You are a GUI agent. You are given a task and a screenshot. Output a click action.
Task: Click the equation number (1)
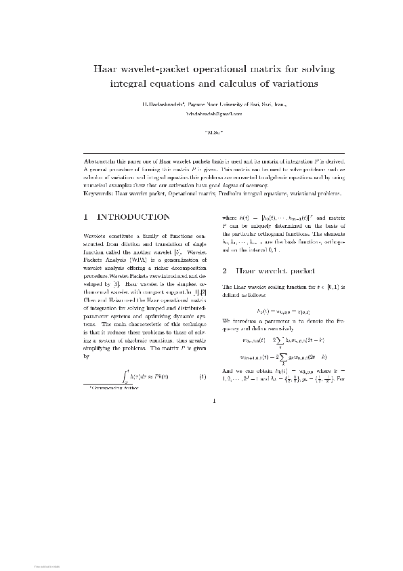coord(201,376)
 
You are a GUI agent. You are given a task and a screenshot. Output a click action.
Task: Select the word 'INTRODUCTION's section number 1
coord(85,218)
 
